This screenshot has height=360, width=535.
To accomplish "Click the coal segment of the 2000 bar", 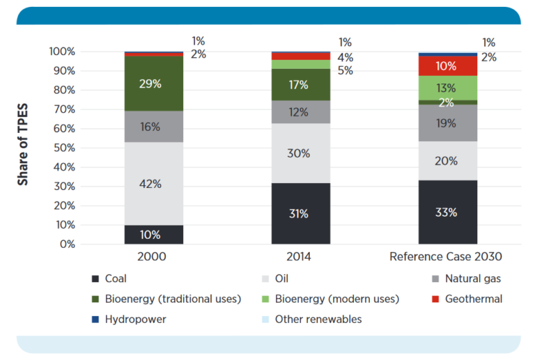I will tap(153, 235).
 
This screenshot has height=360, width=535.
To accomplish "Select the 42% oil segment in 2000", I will tap(153, 184).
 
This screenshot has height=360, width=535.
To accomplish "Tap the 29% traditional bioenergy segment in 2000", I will tap(153, 84).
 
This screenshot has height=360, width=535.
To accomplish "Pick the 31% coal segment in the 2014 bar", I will tap(300, 214).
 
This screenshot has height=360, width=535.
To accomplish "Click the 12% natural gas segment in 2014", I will tap(300, 112).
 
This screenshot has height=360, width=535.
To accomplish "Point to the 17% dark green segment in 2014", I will tap(300, 85).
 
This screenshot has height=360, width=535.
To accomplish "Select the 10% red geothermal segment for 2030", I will tap(447, 66).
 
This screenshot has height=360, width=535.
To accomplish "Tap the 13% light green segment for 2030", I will tap(447, 88).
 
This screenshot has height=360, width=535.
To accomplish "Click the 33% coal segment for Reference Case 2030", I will tap(447, 212).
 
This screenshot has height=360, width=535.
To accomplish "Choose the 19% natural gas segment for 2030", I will tap(447, 123).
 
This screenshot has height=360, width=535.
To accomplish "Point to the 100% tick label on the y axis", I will tap(61, 52).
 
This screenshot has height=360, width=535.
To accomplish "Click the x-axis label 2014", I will tap(300, 257).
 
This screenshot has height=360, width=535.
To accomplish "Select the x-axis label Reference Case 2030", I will tap(446, 257).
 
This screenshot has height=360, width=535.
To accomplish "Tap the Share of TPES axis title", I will tap(23, 148).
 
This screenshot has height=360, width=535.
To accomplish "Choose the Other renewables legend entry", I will tap(318, 320).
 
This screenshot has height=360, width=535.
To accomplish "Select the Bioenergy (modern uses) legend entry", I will tap(336, 299).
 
